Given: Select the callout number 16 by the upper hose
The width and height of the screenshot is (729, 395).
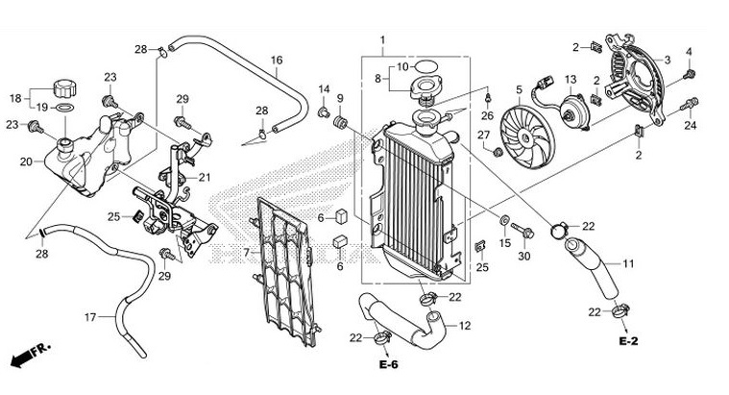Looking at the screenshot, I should pos(276,60).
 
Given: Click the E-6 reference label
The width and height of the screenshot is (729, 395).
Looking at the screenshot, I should pos(388,365).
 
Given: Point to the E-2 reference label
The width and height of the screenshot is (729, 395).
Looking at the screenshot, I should pos(628,341).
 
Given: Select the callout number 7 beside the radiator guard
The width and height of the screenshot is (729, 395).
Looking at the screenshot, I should pos(246,252).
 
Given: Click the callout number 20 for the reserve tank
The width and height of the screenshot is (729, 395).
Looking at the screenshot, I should pos(26,161).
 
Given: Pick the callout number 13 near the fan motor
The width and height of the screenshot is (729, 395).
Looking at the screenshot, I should pos(570,79).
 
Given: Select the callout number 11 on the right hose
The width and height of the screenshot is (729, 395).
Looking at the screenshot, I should pos(628,263).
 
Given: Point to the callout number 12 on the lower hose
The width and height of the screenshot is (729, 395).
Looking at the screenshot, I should pos(464,326).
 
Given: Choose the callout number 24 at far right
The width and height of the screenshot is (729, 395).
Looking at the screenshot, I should pos(690,125).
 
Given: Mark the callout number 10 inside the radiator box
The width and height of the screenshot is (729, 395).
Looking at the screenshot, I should pos(403,66).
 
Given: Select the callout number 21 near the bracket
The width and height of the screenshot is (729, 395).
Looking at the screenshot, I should pos(204,177).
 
